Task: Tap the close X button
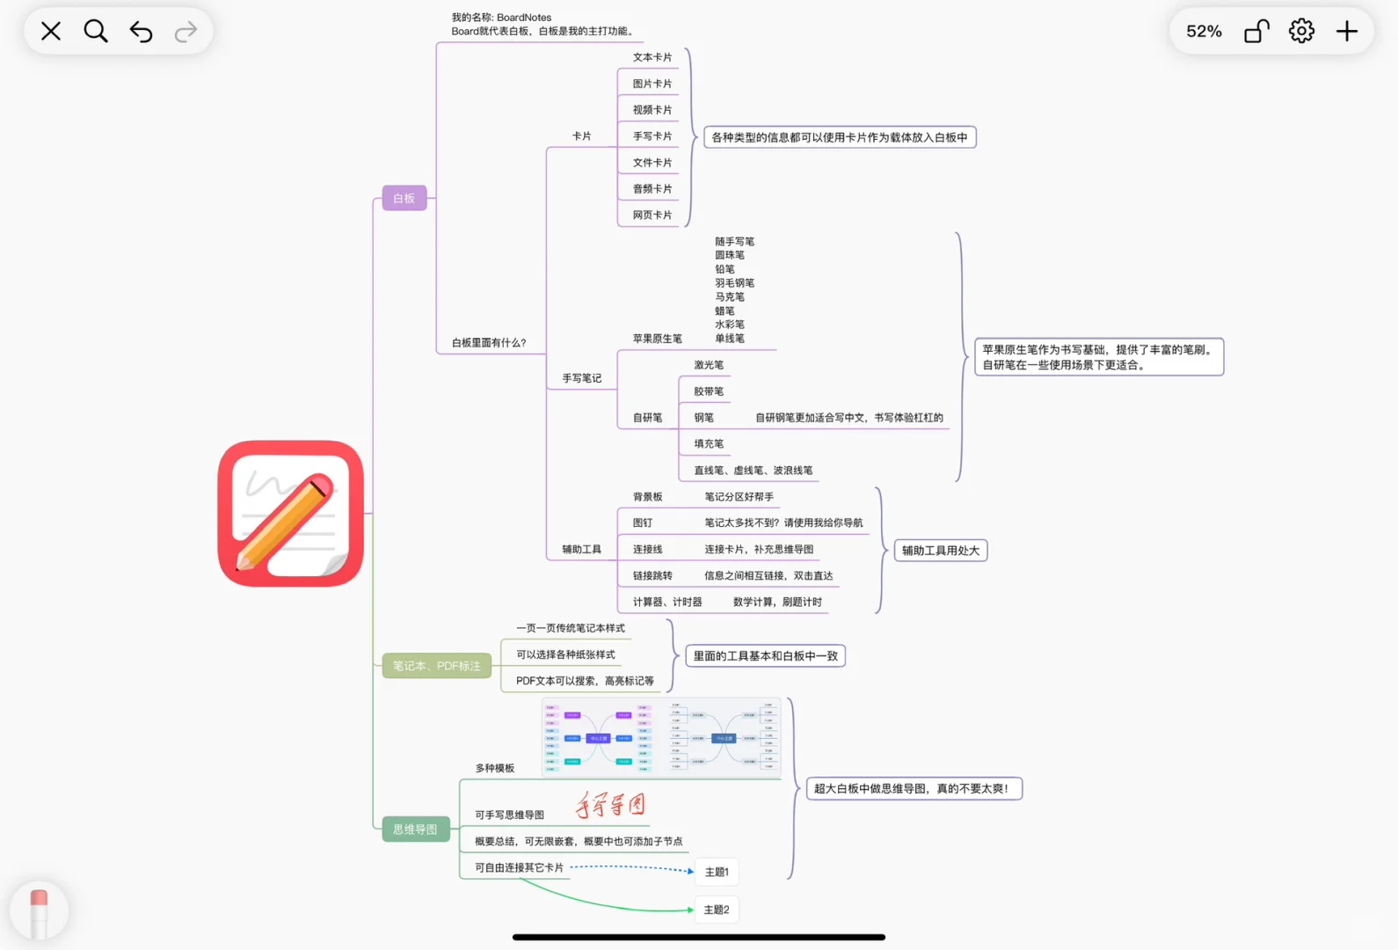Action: (51, 32)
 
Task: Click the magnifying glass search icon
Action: (96, 32)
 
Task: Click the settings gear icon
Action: (1301, 32)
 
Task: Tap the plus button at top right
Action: (1346, 32)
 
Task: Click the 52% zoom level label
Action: (1204, 32)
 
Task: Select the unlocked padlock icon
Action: (1256, 32)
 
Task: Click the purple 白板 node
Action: (404, 199)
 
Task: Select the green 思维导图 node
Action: (415, 829)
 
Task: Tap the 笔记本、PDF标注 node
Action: (436, 666)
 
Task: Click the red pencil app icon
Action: (291, 514)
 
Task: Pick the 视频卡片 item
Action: (652, 110)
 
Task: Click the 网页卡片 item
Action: (652, 216)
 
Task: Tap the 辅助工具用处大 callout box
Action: (940, 551)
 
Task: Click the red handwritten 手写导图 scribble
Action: (610, 804)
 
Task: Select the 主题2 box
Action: (717, 910)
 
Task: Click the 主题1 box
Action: (717, 872)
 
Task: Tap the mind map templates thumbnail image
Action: (661, 738)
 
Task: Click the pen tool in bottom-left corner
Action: (39, 911)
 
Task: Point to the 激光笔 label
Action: (709, 365)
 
